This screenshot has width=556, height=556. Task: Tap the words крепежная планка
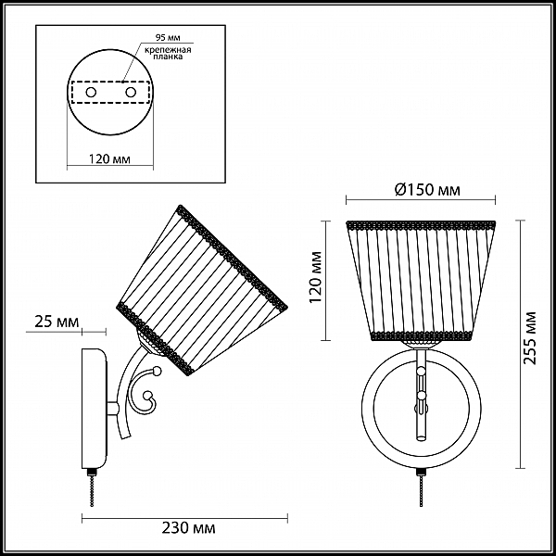[x=168, y=53]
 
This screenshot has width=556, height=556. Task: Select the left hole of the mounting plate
[x=91, y=93]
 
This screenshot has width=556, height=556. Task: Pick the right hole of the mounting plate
[x=131, y=93]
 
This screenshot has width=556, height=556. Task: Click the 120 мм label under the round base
[x=109, y=158]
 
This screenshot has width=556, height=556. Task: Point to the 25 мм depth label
[x=57, y=322]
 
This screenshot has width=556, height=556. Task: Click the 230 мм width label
[x=189, y=528]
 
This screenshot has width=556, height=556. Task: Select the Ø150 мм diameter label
[x=427, y=190]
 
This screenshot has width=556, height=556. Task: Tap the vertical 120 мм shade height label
[x=316, y=277]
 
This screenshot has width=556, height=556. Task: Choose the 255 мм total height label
[x=530, y=338]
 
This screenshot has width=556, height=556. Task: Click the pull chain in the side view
[x=92, y=488]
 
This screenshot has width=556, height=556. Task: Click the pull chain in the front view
[x=422, y=488]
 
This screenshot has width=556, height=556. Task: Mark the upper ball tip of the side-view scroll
[x=156, y=372]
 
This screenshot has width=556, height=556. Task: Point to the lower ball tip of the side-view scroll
[x=146, y=396]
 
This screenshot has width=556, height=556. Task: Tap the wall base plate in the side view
[x=95, y=409]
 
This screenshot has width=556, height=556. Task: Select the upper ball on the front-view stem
[x=422, y=372]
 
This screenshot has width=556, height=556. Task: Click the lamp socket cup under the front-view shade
[x=422, y=345]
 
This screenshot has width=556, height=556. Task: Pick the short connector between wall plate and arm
[x=113, y=408]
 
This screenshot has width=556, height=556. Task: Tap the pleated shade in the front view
[x=421, y=280]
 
